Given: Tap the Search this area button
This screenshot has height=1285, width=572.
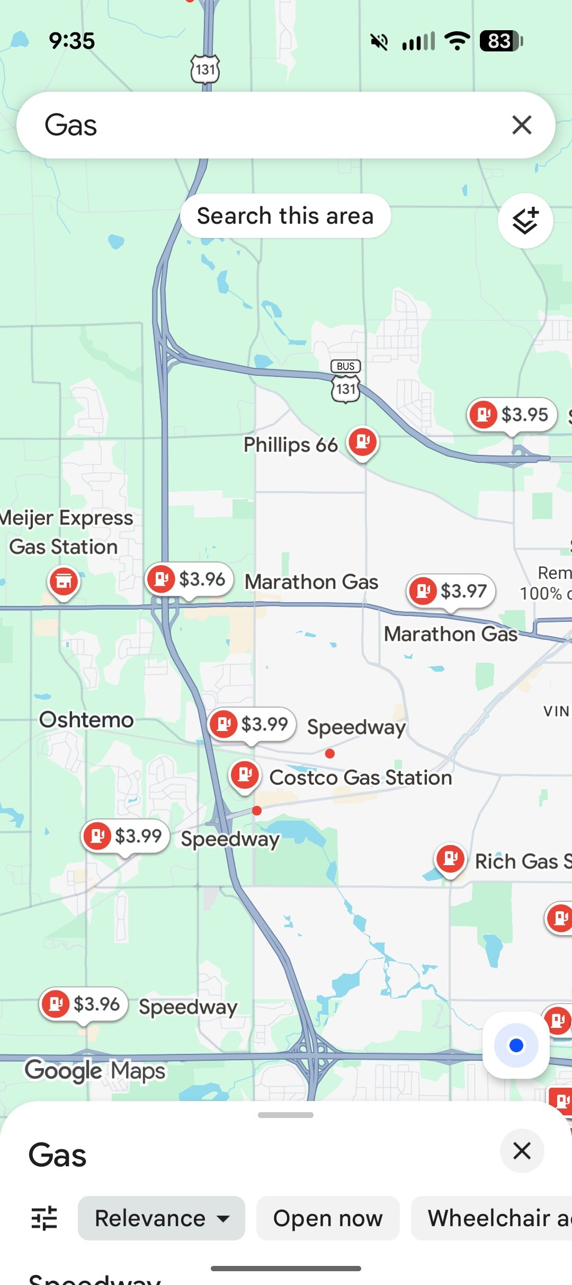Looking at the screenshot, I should [x=285, y=216].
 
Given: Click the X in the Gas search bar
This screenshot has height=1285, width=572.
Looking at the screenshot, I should [x=522, y=125].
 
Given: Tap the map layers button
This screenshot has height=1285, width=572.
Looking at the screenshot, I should [x=525, y=221].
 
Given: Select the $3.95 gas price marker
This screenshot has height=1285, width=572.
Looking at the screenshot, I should [x=512, y=415].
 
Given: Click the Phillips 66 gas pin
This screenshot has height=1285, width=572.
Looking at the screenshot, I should [x=363, y=442].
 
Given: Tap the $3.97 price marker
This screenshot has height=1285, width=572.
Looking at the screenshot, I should [x=451, y=591].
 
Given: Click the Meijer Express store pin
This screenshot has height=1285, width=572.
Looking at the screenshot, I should [x=64, y=582].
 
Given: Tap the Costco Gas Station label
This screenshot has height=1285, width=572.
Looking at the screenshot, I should [x=361, y=778].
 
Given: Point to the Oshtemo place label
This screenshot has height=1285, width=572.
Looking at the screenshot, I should [x=86, y=720].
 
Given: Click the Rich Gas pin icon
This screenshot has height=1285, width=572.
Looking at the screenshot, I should [x=450, y=859].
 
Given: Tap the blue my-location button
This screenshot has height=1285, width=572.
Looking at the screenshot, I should [x=516, y=1045].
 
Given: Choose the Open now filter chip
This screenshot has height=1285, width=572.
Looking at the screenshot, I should [x=328, y=1218].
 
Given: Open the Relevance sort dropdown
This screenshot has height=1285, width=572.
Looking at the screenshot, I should [x=162, y=1218].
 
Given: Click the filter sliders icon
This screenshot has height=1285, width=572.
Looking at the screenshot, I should [x=44, y=1218].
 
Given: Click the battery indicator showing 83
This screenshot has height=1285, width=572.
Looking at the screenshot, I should [x=501, y=41].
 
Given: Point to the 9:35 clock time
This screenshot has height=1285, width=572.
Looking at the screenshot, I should [x=72, y=41].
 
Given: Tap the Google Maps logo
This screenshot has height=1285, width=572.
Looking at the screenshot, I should [x=95, y=1070].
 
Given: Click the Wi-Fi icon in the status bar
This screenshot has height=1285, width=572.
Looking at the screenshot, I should [x=457, y=41].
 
